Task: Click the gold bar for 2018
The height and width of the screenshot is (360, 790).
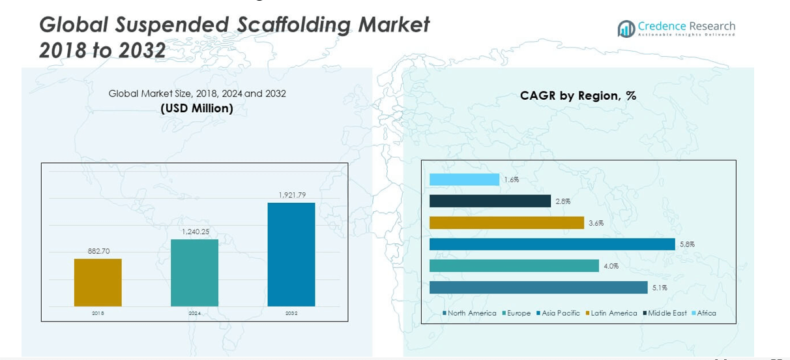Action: [x=98, y=282]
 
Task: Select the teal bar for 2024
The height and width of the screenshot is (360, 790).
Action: [x=194, y=273]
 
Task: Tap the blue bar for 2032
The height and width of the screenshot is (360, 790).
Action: [x=291, y=254]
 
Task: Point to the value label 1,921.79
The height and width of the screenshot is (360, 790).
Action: [x=291, y=195]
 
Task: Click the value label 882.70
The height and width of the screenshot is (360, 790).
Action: [x=98, y=251]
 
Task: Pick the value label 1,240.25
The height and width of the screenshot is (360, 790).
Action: [x=195, y=232]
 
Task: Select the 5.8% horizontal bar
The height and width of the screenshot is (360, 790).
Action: [x=552, y=244]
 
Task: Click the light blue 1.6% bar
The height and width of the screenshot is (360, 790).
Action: [x=464, y=179]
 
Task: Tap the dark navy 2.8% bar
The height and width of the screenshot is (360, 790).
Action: [x=490, y=201]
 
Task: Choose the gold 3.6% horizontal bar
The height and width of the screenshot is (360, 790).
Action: [x=506, y=222]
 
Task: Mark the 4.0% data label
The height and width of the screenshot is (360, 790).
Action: [x=611, y=266]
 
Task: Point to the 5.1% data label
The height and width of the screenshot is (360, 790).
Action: [x=660, y=288]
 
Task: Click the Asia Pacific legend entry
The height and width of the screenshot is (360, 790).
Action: [x=560, y=314]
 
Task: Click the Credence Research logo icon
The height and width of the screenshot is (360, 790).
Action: [x=626, y=28]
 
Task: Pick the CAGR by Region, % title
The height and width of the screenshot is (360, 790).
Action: [x=578, y=96]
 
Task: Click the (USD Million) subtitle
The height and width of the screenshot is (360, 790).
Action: [x=197, y=108]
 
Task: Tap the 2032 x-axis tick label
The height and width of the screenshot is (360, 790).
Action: [x=291, y=314]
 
